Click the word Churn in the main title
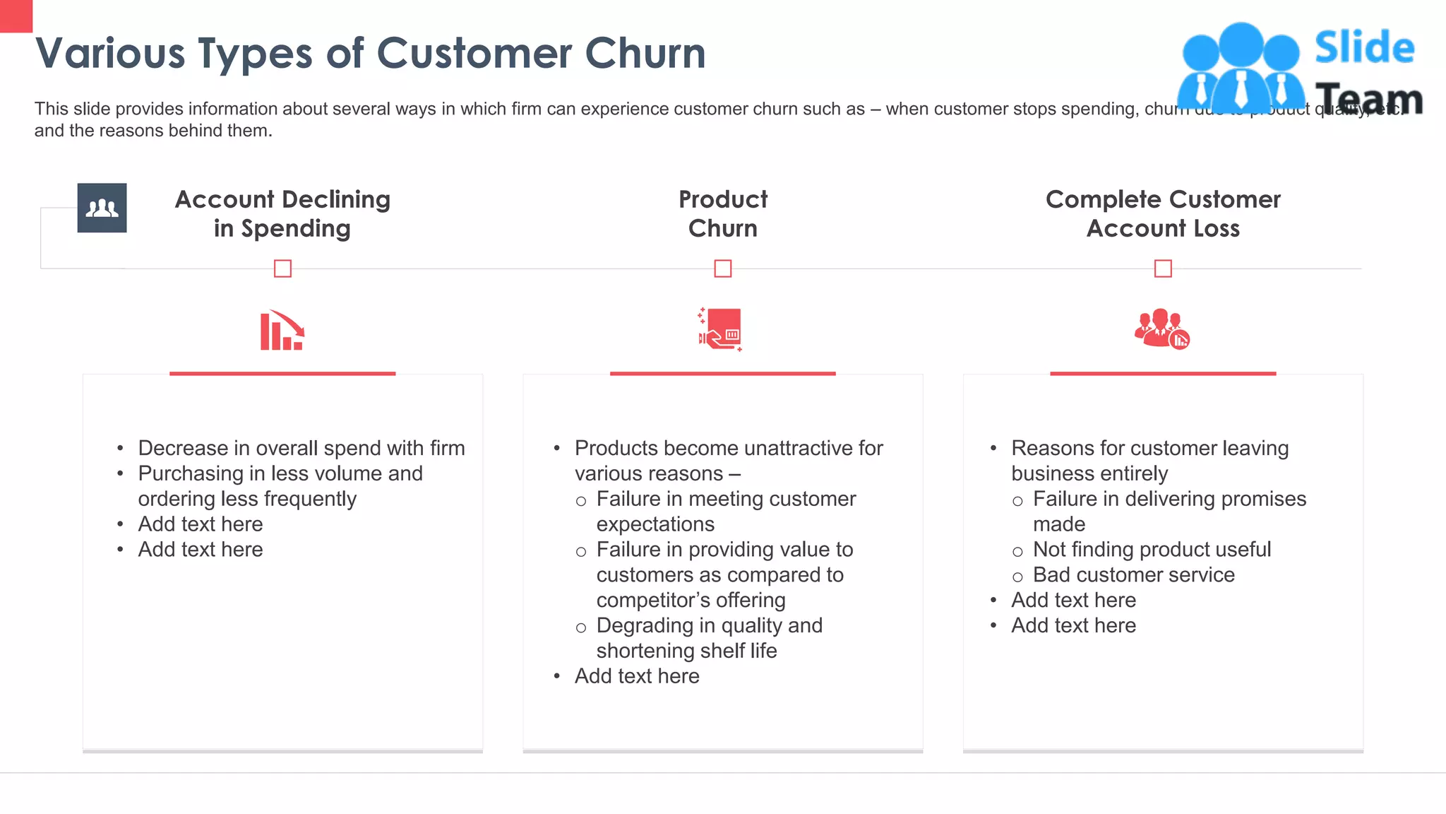coord(645,53)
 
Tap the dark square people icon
coord(102,208)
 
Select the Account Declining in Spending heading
coord(282,213)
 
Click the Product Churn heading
coord(722,213)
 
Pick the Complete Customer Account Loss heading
coord(1163,213)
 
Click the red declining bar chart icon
coord(282,330)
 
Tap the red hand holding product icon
coord(721,329)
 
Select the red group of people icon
coord(1161,329)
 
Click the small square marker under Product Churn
coord(722,269)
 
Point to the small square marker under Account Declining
coord(282,269)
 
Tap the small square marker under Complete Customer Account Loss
coord(1163,269)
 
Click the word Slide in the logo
coord(1364,47)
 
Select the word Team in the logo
coord(1368,98)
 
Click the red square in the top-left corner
coord(16,16)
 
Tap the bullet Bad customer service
coord(1133,574)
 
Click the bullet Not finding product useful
coord(1152,549)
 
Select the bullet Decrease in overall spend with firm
coord(301,448)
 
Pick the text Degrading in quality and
coord(709,625)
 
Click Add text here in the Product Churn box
coord(637,676)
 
